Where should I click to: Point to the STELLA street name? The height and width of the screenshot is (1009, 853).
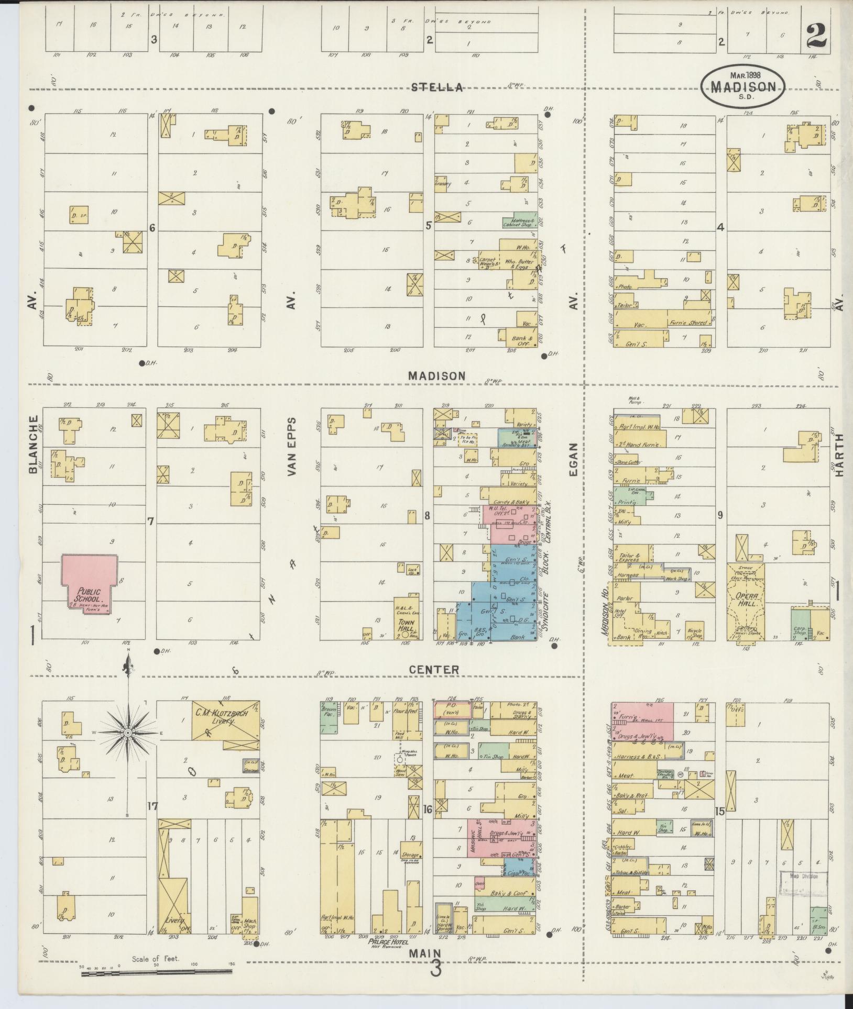point(437,87)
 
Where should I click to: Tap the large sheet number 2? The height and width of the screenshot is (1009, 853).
point(817,37)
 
